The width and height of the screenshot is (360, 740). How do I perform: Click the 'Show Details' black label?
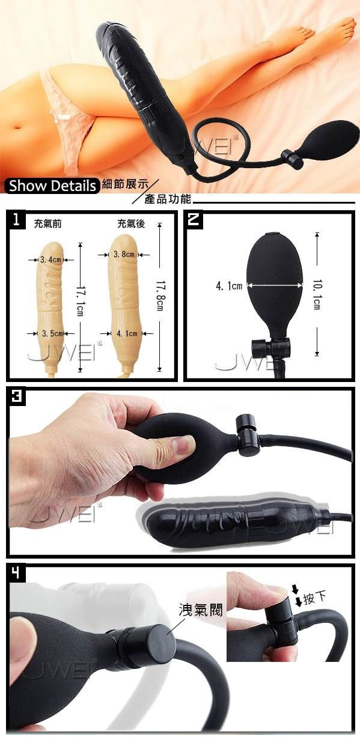52,186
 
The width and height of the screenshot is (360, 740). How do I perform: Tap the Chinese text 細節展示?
126,184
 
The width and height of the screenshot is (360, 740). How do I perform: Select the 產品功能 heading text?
168,199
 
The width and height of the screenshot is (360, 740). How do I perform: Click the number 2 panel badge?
194,219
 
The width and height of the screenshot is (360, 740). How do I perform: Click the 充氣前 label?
48,224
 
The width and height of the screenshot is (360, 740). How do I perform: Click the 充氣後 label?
131,224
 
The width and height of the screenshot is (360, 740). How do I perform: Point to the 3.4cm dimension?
50,260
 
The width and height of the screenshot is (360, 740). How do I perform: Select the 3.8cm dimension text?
124,255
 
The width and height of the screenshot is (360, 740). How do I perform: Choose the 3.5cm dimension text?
53,334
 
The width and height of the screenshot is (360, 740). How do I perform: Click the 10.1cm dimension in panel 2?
316,295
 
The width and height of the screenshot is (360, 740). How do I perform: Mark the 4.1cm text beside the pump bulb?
229,286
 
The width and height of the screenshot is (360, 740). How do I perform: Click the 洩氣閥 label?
201,610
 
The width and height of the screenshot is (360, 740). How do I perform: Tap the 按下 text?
315,598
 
